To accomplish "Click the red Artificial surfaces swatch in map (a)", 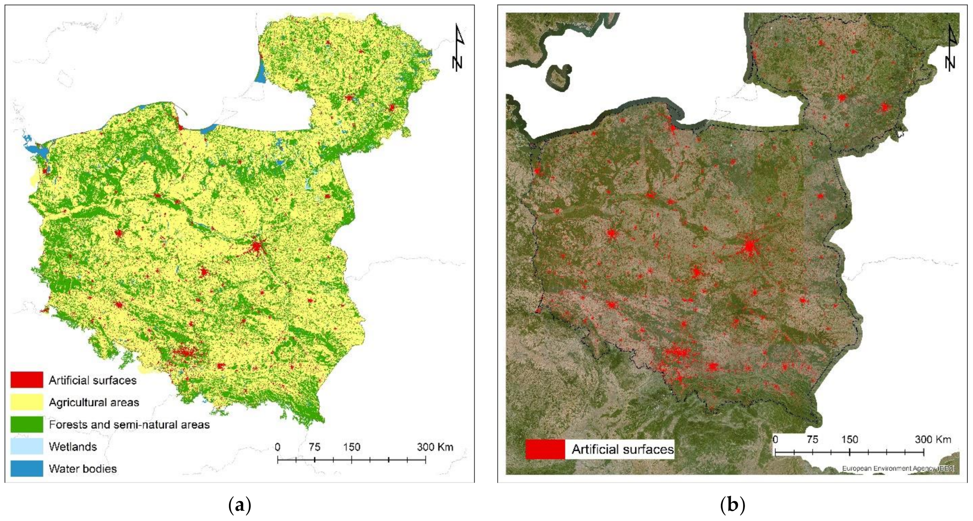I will pos(26,380).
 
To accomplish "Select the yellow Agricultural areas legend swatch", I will pos(26,402).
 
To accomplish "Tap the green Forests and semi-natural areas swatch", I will pos(26,424).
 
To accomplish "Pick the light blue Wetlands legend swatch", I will pos(26,447).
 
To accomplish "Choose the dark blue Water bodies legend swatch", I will pos(26,468).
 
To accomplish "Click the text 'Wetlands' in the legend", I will pos(73,447).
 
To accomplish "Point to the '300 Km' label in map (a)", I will pos(435,447).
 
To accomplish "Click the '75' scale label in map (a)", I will pos(314,447).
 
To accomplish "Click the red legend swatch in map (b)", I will pos(545,449).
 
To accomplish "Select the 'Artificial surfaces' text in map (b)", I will pos(623,449).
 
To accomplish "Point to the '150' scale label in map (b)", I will pos(850,439).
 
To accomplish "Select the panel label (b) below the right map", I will pos(732,505).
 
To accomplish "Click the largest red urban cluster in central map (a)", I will pos(256,247).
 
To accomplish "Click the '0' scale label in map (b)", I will pos(775,439).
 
